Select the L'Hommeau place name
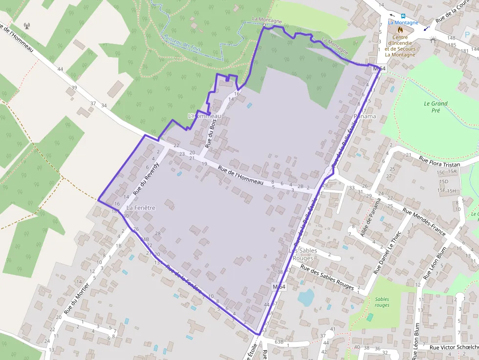pos(205,116)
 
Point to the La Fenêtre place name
pos(141,208)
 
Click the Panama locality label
pos(365,116)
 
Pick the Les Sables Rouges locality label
pos(303,254)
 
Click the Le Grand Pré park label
pos(435,107)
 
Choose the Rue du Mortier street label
pos(77,297)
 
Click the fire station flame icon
pos(400,29)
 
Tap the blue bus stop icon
pos(403,16)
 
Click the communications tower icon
pos(27,25)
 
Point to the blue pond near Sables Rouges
pos(306,296)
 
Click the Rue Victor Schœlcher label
pos(454,347)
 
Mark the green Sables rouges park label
pos(382,302)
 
